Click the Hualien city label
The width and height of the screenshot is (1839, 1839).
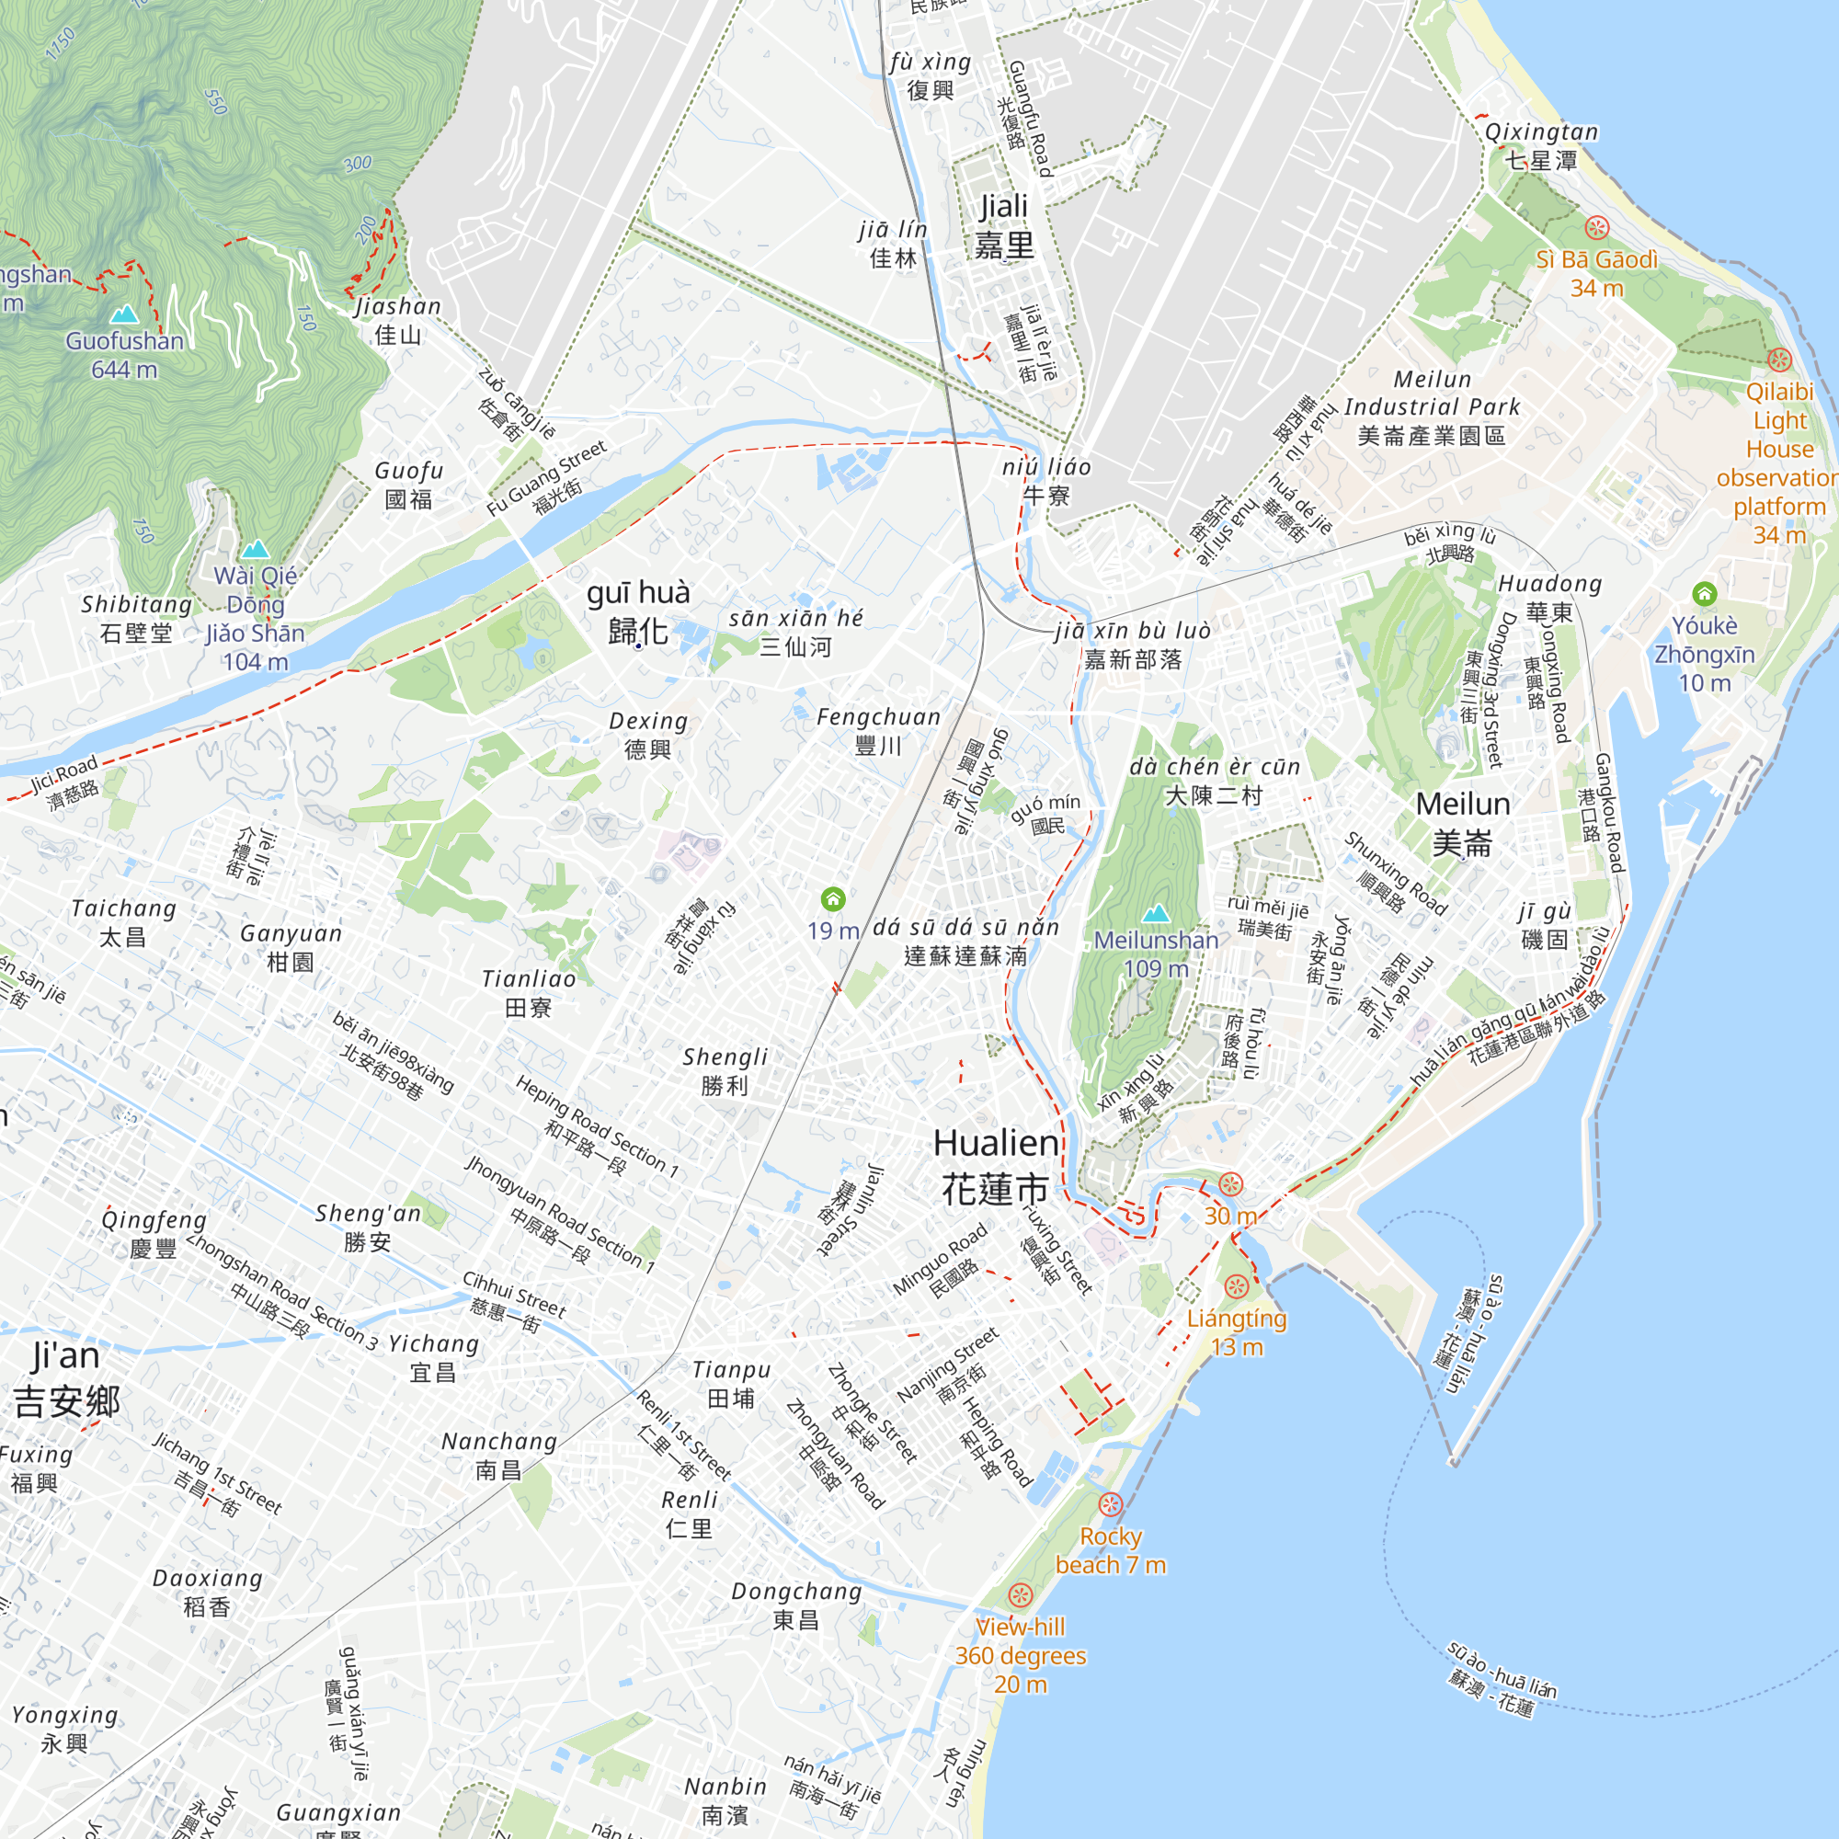[x=996, y=1166]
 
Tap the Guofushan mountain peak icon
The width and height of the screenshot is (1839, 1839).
[x=124, y=314]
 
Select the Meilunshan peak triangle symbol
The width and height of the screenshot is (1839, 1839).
[x=1156, y=914]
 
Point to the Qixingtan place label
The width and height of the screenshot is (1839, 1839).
[x=1541, y=145]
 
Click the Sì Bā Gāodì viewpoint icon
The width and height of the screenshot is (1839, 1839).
[x=1596, y=227]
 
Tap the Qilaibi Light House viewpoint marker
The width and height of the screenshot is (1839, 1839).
[x=1779, y=360]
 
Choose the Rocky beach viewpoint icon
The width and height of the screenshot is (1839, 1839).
[x=1110, y=1504]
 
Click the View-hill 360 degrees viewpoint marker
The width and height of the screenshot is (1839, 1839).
[x=1021, y=1594]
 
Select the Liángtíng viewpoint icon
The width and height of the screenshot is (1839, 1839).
[x=1237, y=1287]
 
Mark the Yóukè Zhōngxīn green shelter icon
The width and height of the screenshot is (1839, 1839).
[x=1704, y=594]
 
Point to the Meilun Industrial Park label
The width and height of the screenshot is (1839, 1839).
[x=1432, y=407]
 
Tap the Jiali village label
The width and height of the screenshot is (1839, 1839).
[x=1004, y=225]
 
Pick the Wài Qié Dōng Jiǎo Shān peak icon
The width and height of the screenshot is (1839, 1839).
[x=255, y=549]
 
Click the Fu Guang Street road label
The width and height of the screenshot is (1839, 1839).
[x=547, y=479]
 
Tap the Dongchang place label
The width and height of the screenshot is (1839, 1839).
[x=796, y=1605]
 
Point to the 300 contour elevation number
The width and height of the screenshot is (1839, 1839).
[x=358, y=164]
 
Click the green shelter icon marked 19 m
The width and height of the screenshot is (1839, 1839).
[x=833, y=898]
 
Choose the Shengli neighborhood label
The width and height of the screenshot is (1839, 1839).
[x=725, y=1071]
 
